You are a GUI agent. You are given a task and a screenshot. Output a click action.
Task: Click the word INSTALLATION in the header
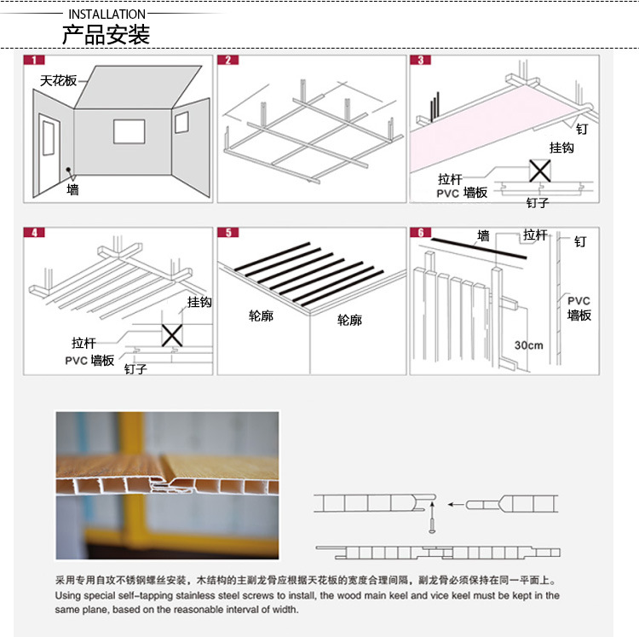click(106, 14)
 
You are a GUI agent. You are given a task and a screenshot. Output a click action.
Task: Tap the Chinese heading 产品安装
click(106, 35)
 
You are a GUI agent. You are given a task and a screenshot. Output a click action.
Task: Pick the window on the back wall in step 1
click(130, 130)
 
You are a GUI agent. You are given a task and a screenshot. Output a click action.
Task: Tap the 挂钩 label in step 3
click(561, 148)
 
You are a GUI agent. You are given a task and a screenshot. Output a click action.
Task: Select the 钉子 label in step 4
click(135, 369)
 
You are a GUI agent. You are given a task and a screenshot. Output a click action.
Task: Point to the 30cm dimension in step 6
click(528, 345)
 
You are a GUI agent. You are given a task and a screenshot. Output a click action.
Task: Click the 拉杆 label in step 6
click(536, 235)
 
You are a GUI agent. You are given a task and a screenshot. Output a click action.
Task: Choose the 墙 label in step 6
click(483, 235)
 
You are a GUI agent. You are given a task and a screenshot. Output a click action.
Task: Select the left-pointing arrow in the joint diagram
click(460, 504)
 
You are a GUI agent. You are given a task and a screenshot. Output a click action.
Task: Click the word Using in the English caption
click(70, 595)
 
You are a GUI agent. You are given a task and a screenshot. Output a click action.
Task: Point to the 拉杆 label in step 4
click(83, 343)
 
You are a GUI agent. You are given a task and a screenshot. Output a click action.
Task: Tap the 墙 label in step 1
click(72, 190)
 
